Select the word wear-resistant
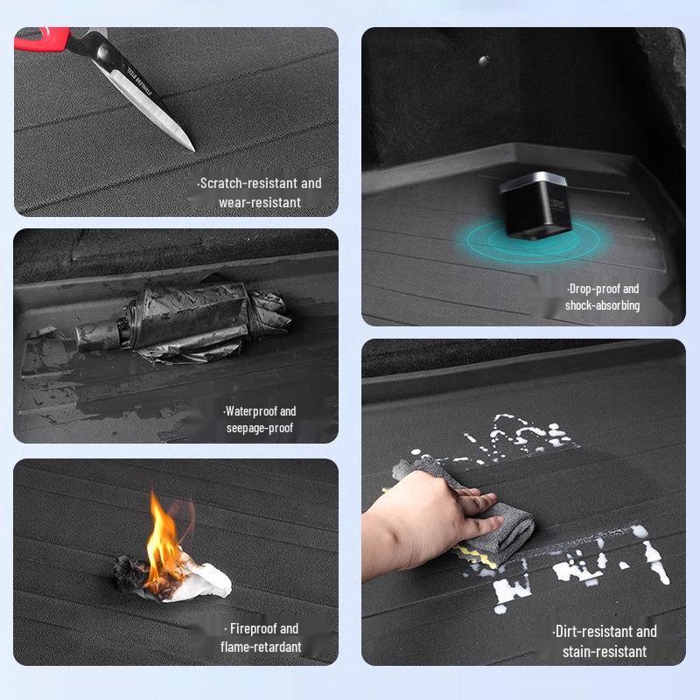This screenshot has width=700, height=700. [260, 203]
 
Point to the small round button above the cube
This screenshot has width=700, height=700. [483, 60]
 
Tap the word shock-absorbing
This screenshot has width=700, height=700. [602, 305]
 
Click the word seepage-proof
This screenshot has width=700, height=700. [260, 428]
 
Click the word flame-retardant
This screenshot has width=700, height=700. [261, 647]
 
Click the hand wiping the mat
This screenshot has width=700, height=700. [420, 516]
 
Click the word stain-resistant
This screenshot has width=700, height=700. [604, 651]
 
